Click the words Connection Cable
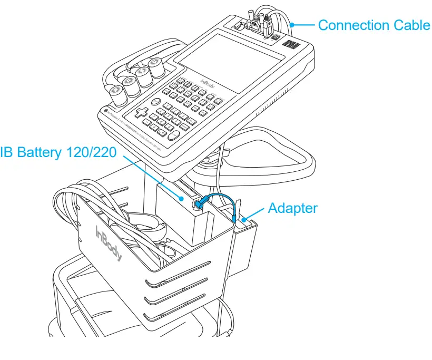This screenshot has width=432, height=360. (x=374, y=25)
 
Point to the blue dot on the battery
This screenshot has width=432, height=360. (x=182, y=199)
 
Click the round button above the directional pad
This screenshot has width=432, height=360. (x=156, y=102)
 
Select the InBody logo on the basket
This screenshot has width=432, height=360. (x=108, y=243)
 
